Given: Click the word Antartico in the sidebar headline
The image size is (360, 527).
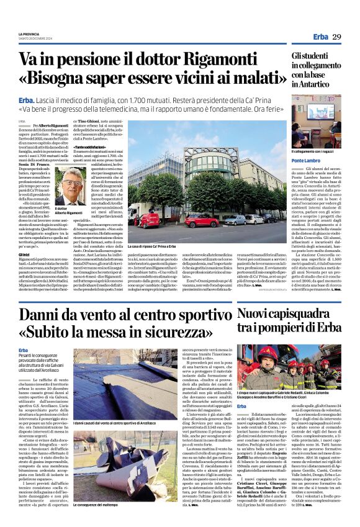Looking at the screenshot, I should point(321,84).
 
